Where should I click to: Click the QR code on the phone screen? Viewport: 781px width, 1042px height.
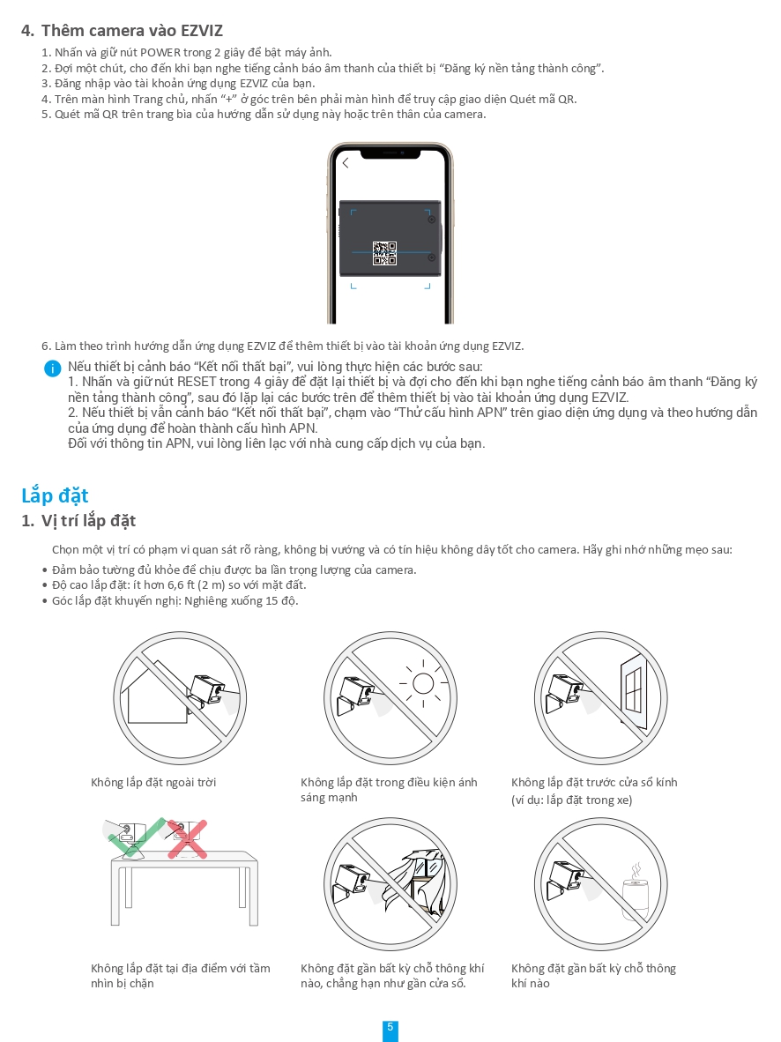pos(384,253)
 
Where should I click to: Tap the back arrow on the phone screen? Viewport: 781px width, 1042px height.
pos(346,163)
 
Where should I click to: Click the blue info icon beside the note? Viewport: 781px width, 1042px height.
pos(53,368)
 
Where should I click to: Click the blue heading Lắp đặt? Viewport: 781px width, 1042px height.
pos(55,495)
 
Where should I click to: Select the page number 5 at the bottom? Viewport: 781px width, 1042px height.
pos(390,1028)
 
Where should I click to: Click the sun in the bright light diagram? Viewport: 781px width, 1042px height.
pos(424,682)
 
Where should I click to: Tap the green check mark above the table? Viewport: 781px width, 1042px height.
pos(132,837)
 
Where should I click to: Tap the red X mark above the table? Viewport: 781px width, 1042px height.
pos(187,840)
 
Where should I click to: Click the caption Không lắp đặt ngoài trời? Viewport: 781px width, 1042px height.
pos(153,783)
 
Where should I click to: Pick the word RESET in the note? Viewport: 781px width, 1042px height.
pos(197,383)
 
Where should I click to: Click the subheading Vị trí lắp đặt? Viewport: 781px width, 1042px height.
pos(88,521)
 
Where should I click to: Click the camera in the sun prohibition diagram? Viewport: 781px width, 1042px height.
pos(355,693)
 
